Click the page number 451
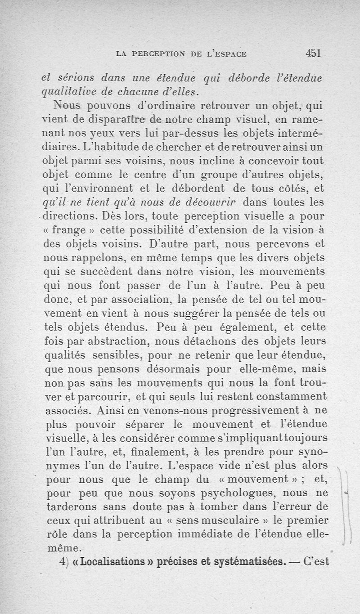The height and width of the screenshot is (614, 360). tap(312, 53)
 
